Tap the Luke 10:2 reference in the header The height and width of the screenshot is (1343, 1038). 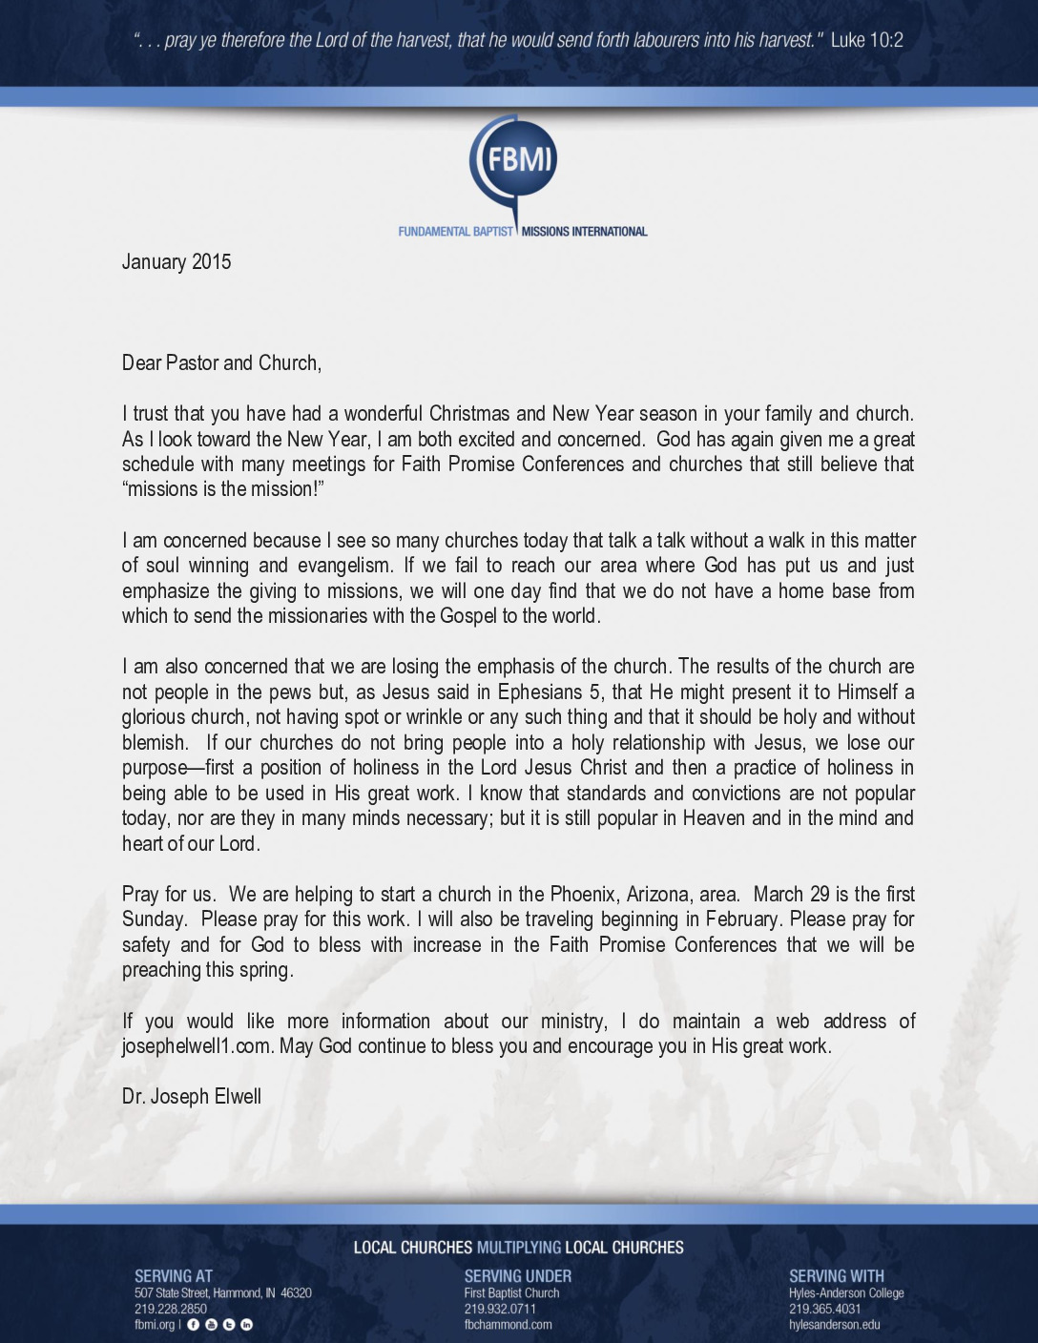866,40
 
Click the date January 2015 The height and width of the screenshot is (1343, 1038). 176,262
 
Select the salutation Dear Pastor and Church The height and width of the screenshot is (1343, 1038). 221,363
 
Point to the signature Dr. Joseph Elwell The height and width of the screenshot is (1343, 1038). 192,1097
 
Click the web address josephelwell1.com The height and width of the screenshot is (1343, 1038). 197,1046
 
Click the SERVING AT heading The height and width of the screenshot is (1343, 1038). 174,1276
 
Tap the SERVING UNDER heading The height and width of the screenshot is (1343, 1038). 518,1276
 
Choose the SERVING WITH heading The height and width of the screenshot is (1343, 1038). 837,1276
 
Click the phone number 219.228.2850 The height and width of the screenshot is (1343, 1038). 171,1310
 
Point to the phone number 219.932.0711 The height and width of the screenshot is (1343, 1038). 500,1310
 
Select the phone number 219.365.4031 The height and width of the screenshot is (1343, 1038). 825,1310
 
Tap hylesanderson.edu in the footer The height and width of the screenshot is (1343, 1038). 835,1325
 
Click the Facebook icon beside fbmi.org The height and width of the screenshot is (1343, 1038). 194,1325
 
